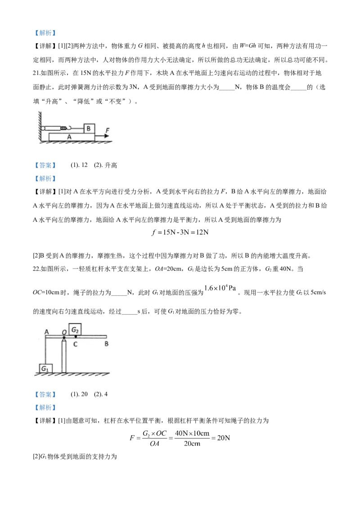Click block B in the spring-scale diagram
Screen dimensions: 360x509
pyautogui.click(x=89, y=129)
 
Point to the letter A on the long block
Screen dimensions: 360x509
pyautogui.click(x=69, y=137)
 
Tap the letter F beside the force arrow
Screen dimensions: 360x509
pyautogui.click(x=108, y=130)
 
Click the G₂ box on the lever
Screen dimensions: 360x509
pyautogui.click(x=75, y=330)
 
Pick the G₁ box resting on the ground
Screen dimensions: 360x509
pyautogui.click(x=45, y=368)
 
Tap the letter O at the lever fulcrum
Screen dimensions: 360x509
pyautogui.click(x=64, y=332)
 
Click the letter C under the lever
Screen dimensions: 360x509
pyautogui.click(x=75, y=344)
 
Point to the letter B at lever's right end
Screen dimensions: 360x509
pyautogui.click(x=106, y=344)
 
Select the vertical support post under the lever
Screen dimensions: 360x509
pyautogui.click(x=64, y=355)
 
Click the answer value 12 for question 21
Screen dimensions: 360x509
pyautogui.click(x=85, y=165)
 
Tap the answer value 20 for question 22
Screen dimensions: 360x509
pyautogui.click(x=85, y=394)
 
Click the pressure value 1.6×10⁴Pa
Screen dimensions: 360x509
pyautogui.click(x=220, y=288)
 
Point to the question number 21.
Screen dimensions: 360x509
pyautogui.click(x=36, y=73)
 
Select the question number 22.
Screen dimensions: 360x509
pyautogui.click(x=36, y=269)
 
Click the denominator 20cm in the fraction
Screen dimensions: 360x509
pyautogui.click(x=192, y=444)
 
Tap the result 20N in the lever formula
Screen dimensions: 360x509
pyautogui.click(x=224, y=438)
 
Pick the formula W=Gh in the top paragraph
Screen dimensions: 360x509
pyautogui.click(x=248, y=46)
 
